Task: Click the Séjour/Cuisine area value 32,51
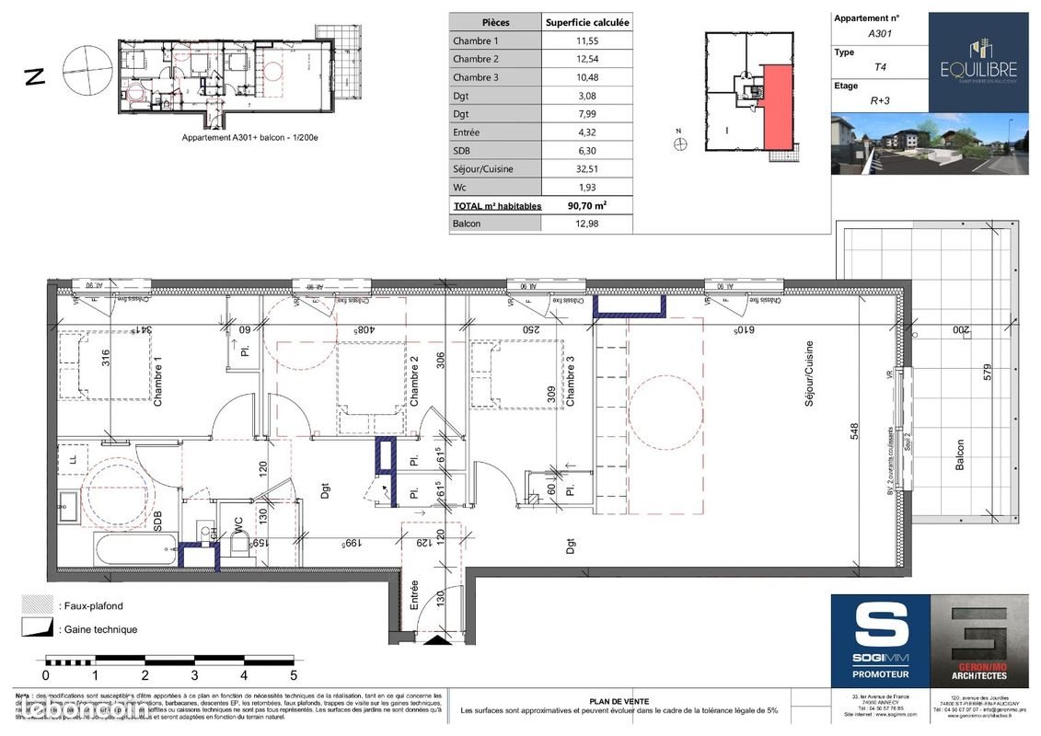point(587,168)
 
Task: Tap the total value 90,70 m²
point(587,206)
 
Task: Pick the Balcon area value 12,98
point(587,224)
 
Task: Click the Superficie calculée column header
point(587,22)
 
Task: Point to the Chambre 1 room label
point(157,383)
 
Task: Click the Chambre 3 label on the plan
point(571,387)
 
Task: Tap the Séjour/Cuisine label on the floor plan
point(810,374)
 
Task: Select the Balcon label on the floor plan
point(960,454)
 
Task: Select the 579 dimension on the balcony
point(986,376)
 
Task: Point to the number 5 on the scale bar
point(293,675)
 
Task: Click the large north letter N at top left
point(34,75)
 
